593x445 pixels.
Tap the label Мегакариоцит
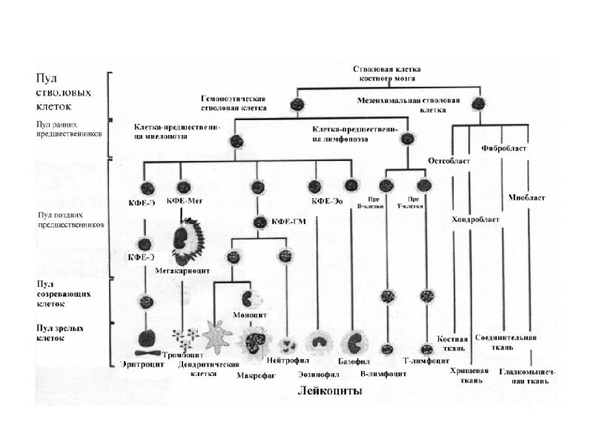click(x=176, y=270)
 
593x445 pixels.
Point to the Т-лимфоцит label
click(x=425, y=361)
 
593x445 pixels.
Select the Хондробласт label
click(x=475, y=220)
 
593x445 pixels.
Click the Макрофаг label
click(x=255, y=375)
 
